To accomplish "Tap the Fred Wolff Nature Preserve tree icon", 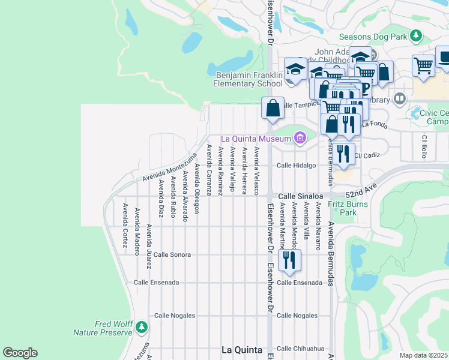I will click(x=142, y=328).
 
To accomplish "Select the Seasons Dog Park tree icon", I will click(x=415, y=37).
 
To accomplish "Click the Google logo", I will click(x=20, y=353).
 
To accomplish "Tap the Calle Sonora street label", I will click(x=172, y=254).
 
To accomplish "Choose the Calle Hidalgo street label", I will click(x=296, y=166).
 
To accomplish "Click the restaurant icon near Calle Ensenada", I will click(x=290, y=259).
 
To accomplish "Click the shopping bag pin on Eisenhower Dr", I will click(x=273, y=109).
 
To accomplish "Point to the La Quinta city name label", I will click(x=241, y=350).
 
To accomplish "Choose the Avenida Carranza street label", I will click(x=209, y=170).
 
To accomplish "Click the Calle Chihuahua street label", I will click(x=300, y=348).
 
